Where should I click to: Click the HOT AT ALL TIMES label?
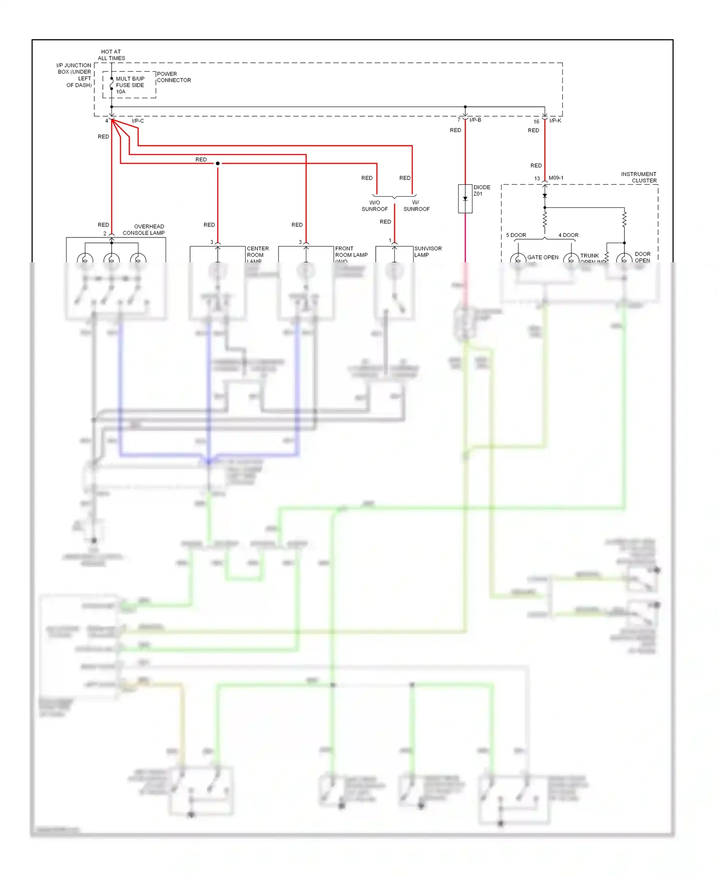[111, 55]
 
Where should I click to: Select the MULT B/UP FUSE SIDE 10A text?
[130, 85]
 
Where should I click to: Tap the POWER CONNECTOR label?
[173, 77]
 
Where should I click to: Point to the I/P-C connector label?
[138, 121]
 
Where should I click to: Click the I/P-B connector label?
[475, 120]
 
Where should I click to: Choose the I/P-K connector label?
[555, 121]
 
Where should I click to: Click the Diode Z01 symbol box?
[465, 198]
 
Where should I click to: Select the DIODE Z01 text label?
[482, 191]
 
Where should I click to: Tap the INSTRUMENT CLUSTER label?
[639, 177]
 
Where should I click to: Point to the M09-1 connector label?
[556, 178]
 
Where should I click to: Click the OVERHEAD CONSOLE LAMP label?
[144, 230]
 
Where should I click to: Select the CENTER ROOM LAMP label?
[258, 254]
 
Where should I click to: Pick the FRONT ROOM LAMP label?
[351, 254]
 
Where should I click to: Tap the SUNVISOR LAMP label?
[427, 251]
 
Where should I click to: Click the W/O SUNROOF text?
[374, 206]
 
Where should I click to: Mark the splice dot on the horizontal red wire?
[218, 163]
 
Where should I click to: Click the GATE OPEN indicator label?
[542, 257]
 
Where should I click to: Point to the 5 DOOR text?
[516, 235]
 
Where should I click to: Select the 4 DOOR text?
[568, 235]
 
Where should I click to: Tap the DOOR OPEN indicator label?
[642, 257]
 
